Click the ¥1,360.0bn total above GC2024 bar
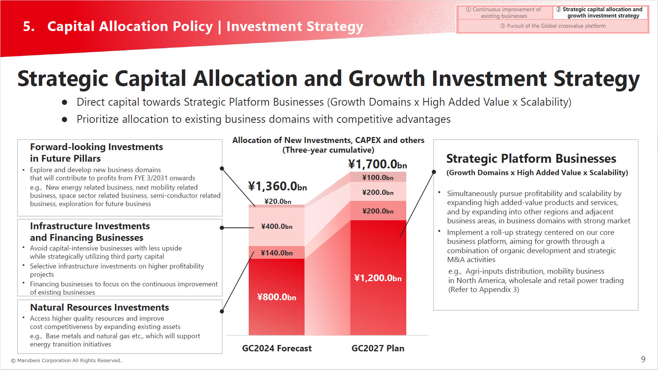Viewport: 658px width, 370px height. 277,186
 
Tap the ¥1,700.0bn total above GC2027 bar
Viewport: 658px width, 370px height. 378,164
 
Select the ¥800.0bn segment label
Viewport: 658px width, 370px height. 277,297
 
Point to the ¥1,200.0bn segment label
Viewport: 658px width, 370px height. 378,278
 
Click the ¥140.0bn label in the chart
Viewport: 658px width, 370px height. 277,253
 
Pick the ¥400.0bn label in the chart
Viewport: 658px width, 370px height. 277,227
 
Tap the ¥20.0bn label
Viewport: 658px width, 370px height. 278,202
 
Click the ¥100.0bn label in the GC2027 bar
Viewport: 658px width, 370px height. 378,178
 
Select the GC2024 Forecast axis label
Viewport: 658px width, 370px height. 277,348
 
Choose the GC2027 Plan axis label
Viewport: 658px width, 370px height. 378,348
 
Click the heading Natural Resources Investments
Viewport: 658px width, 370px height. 99,308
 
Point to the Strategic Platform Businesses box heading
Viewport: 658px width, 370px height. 531,159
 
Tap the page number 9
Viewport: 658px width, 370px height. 643,359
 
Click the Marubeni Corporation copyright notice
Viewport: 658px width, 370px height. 66,361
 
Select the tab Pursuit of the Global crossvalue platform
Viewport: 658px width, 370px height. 553,26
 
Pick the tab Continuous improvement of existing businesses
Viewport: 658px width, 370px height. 504,13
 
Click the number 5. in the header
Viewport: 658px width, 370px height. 29,27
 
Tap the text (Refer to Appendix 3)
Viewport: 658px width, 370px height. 484,290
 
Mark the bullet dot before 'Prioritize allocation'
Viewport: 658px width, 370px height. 65,119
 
